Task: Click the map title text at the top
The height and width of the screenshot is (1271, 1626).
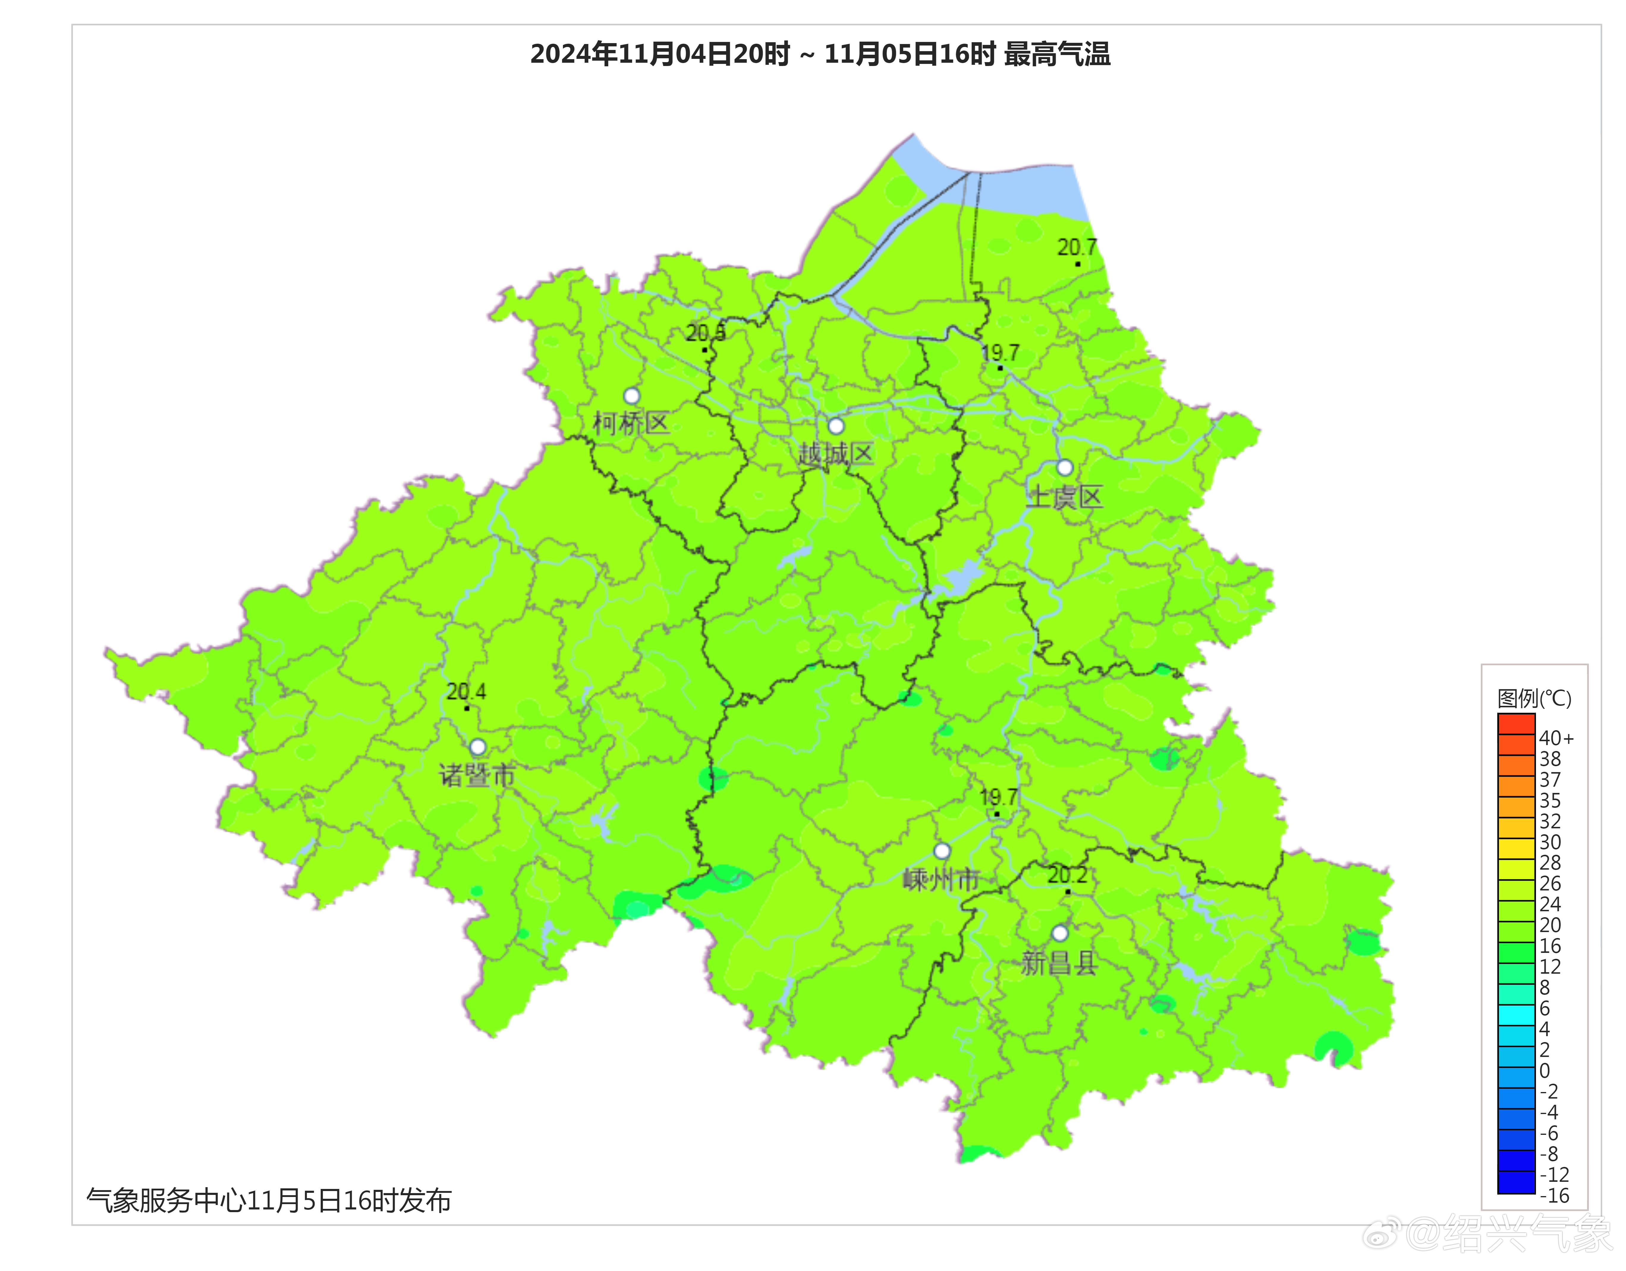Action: point(820,54)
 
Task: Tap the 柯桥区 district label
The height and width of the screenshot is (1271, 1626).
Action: point(630,424)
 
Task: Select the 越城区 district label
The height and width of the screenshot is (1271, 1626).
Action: point(835,453)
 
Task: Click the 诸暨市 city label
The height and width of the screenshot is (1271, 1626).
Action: point(477,776)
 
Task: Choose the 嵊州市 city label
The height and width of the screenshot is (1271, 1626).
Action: point(941,880)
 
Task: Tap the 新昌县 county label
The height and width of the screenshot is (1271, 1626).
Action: point(1059,964)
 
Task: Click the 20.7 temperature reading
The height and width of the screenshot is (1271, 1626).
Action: point(1077,247)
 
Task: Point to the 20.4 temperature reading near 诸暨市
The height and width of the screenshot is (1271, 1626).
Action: point(466,692)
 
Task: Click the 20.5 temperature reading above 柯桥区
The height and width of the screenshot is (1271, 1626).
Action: point(705,333)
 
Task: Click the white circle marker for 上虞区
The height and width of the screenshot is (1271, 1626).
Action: point(1065,468)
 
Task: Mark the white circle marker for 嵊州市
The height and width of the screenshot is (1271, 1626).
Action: point(942,851)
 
